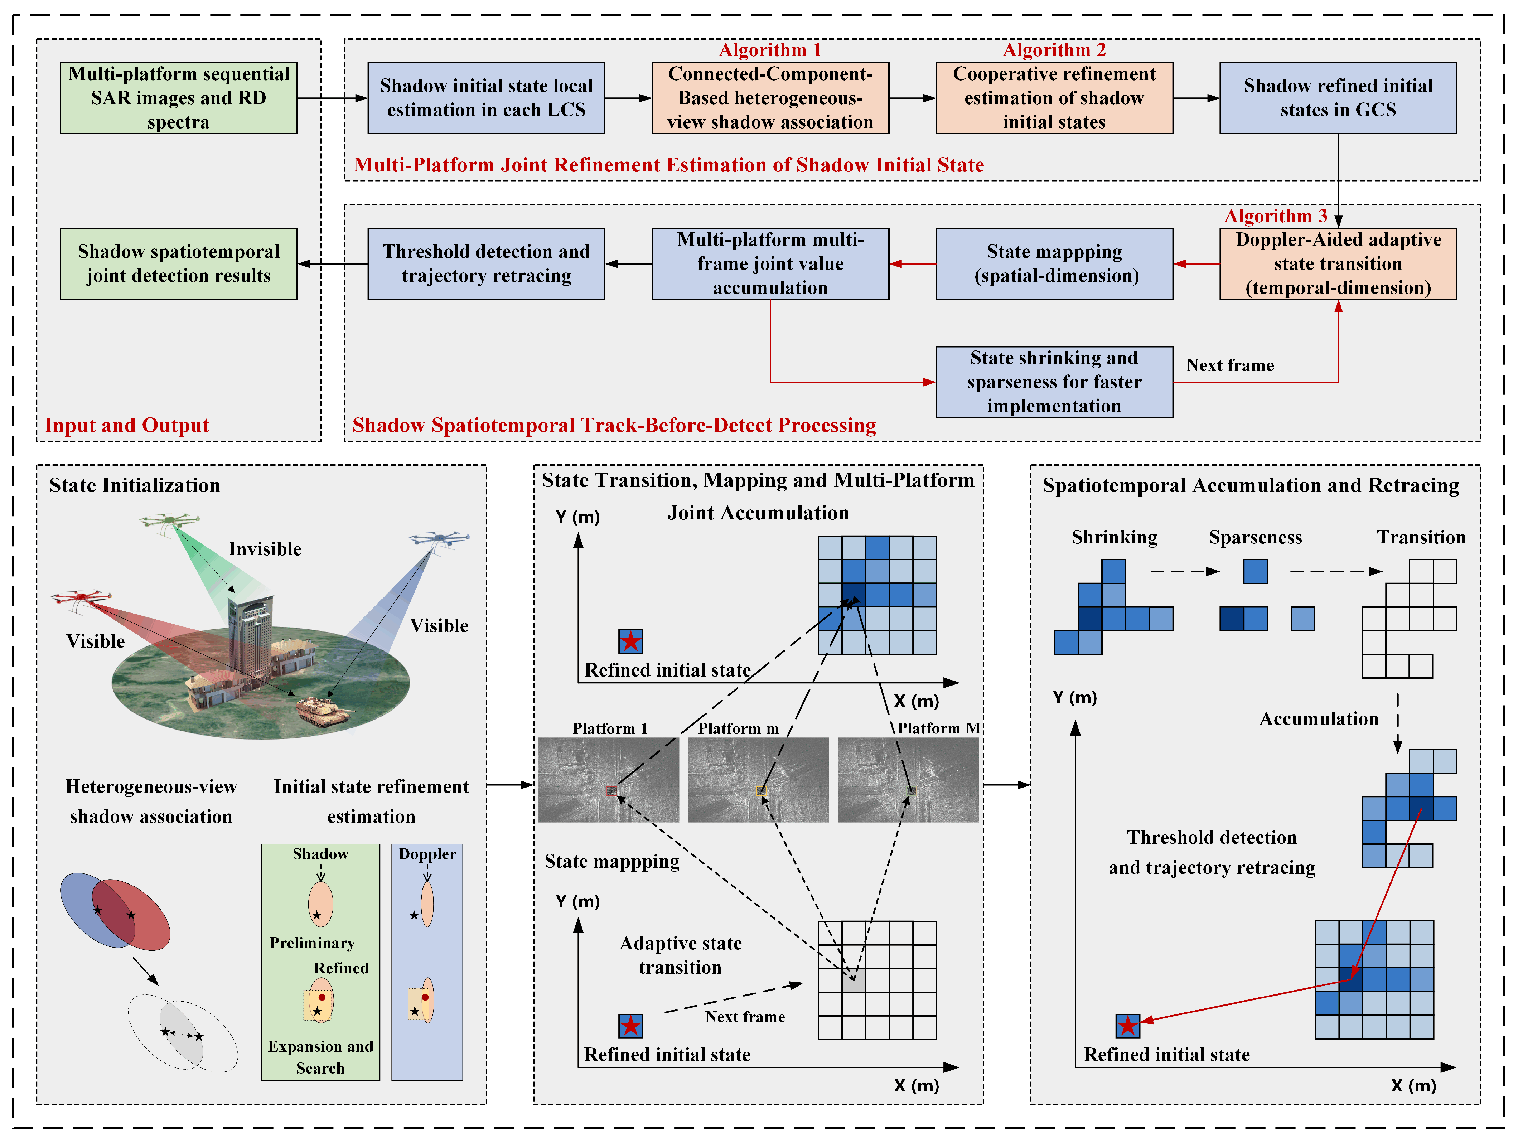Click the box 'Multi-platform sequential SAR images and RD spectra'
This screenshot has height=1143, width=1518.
[x=178, y=98]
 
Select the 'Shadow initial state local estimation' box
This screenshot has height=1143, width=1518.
[x=486, y=98]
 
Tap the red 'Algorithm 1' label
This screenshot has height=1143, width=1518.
[x=769, y=50]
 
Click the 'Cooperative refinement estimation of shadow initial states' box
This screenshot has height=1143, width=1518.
[x=1054, y=98]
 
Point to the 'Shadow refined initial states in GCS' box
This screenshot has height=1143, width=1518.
[x=1338, y=98]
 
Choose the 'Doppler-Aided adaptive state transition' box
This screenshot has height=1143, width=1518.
[x=1338, y=263]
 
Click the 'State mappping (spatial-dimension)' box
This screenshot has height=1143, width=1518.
[x=1054, y=263]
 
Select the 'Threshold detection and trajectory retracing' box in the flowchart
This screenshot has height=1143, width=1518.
[x=486, y=263]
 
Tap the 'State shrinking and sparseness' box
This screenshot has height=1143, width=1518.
[x=1054, y=382]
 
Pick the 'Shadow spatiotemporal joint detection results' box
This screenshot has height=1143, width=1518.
[x=178, y=263]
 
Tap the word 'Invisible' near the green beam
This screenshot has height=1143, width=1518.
[x=265, y=549]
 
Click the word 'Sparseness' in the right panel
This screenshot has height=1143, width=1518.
[x=1255, y=537]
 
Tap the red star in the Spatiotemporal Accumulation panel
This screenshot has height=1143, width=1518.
[x=1127, y=1026]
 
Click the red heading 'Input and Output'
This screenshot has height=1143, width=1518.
[x=127, y=425]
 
